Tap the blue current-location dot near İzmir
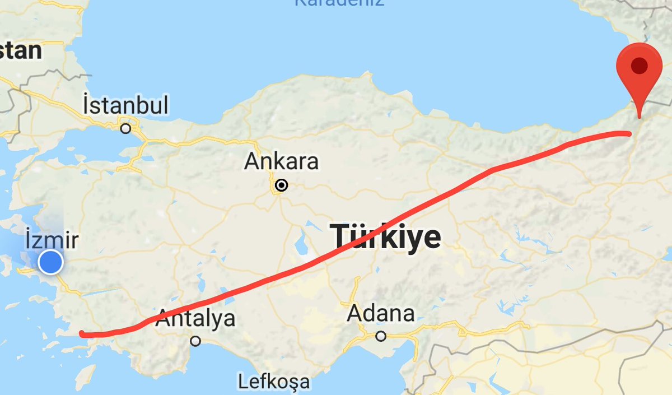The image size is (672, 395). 51,262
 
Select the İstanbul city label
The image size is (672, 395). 125,105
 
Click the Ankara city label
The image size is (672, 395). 282,162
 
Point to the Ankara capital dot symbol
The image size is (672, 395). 282,185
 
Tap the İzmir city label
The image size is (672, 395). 52,241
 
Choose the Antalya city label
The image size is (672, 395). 195,319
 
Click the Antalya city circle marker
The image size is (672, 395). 195,341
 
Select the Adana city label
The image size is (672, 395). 381,313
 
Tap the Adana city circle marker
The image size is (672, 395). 381,336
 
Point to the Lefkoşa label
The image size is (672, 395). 274,382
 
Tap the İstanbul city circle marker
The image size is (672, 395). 126,128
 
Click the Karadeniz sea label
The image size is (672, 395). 339,3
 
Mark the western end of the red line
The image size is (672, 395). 82,334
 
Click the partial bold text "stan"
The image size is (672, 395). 21,51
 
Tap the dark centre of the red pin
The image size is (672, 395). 640,66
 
